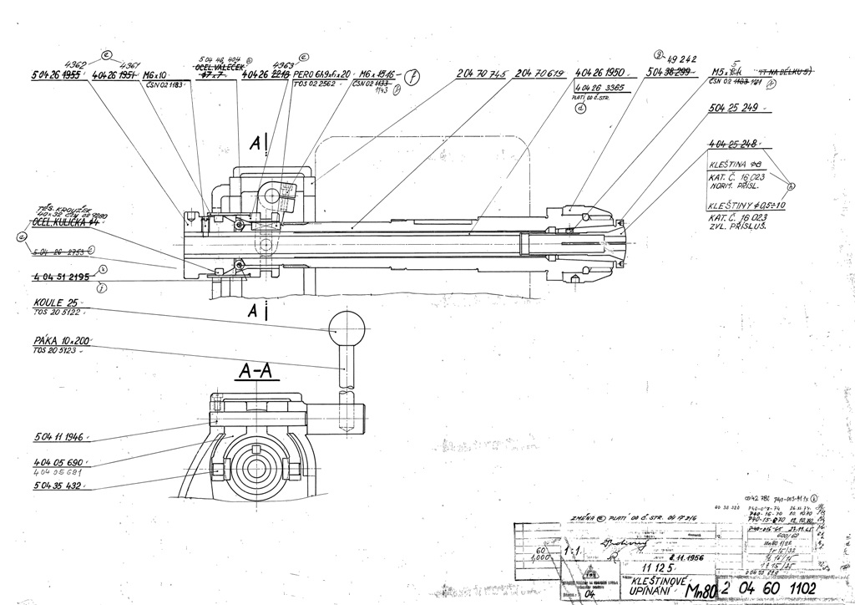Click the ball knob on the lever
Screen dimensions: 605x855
click(343, 326)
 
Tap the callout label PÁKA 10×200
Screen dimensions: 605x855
click(62, 341)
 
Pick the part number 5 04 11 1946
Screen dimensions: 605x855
click(61, 437)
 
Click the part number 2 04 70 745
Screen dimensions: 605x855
click(483, 74)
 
